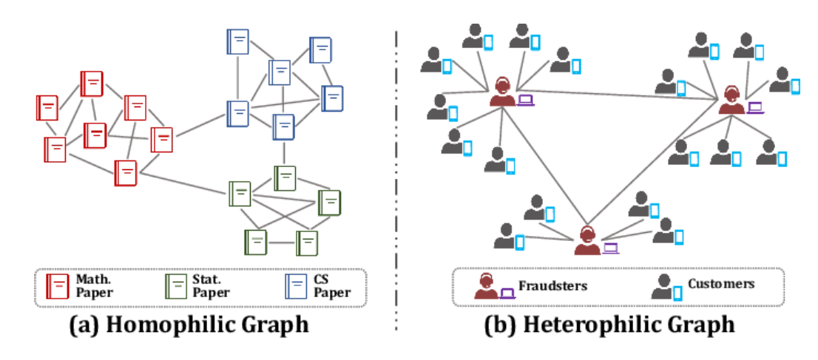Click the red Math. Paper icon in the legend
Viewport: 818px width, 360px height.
[x=58, y=286]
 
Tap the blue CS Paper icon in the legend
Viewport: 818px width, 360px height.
[x=296, y=286]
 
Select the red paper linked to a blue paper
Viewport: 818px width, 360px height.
[x=162, y=139]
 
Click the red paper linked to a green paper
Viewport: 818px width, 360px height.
[x=126, y=173]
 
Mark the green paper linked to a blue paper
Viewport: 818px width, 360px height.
[x=285, y=177]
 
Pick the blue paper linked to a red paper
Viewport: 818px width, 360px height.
[x=237, y=113]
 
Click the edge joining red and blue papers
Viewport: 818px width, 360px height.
[x=200, y=126]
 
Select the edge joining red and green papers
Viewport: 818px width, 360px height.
[x=183, y=183]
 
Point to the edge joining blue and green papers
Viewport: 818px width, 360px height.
[x=284, y=154]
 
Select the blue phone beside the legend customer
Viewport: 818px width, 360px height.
[x=677, y=293]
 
